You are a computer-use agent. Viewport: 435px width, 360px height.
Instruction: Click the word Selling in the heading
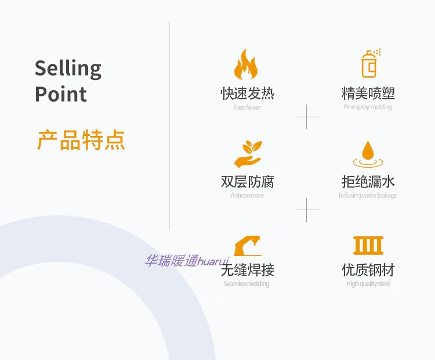pos(68,69)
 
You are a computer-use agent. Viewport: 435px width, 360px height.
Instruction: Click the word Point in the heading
pos(61,94)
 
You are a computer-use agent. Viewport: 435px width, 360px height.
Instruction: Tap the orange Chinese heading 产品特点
pos(81,141)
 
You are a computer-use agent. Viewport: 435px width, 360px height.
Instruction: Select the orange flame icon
pos(246,64)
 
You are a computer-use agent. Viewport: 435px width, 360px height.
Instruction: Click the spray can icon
pos(369,64)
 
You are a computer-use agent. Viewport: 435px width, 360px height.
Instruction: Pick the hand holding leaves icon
pos(248,153)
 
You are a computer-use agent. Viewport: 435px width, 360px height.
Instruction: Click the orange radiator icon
pos(368,245)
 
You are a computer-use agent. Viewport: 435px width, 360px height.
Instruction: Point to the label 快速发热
pos(247,93)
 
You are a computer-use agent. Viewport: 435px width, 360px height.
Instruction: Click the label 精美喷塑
pos(368,93)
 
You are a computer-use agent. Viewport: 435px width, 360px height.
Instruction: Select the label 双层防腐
pos(247,182)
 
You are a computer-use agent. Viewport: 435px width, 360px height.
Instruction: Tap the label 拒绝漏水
pos(368,182)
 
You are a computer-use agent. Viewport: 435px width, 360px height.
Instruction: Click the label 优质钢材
pos(368,270)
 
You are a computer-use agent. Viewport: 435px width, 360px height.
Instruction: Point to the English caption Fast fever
pos(247,107)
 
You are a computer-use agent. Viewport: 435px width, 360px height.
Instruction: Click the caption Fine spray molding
pos(368,107)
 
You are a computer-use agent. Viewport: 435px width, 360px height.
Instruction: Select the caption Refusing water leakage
pos(368,196)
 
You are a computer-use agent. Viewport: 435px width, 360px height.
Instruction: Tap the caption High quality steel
pos(368,284)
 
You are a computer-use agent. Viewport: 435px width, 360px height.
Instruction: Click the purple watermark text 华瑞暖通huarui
pos(187,261)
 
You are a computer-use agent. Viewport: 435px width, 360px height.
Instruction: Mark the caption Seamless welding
pos(246,284)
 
